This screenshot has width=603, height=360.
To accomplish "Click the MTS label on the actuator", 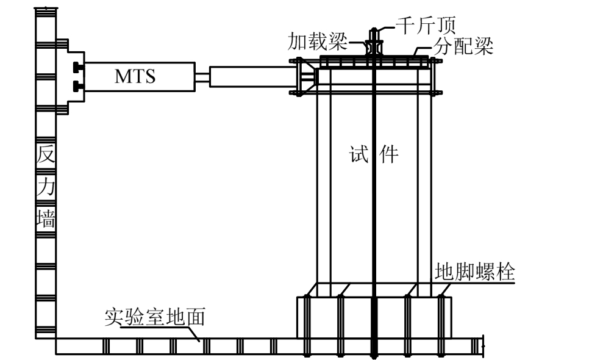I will tap(135, 77).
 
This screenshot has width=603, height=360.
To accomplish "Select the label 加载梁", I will tap(317, 42).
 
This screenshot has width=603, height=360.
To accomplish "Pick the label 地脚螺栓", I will tap(475, 272).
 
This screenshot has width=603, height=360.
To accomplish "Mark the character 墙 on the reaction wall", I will tap(46, 218).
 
